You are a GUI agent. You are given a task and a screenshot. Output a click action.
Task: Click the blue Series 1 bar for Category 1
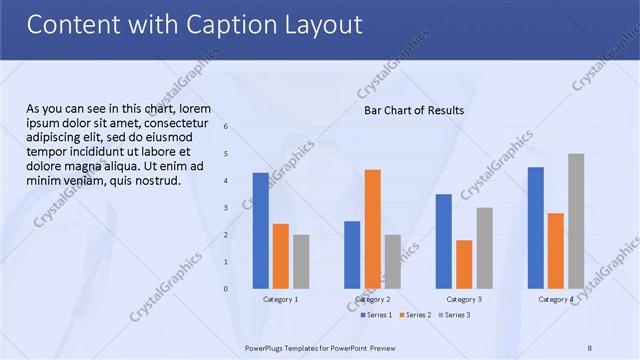point(260,230)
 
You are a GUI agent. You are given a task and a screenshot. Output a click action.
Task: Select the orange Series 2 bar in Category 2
point(372,229)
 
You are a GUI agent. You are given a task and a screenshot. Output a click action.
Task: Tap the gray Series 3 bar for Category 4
point(576,221)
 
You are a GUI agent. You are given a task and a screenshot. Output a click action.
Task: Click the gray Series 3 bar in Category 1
point(301,261)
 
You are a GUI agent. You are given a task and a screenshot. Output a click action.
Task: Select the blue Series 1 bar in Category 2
point(352,254)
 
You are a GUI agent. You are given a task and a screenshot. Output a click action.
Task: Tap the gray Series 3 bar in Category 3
point(484,248)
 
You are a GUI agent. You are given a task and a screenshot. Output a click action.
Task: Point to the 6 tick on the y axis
point(227,127)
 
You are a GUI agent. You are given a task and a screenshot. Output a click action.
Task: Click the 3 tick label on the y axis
point(227,208)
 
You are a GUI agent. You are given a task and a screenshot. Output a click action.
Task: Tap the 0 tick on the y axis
point(227,289)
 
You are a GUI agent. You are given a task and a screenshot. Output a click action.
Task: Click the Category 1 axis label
point(280,299)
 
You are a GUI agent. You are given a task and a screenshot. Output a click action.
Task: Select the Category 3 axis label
point(464,299)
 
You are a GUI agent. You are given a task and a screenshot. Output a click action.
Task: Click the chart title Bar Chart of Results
point(413,110)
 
